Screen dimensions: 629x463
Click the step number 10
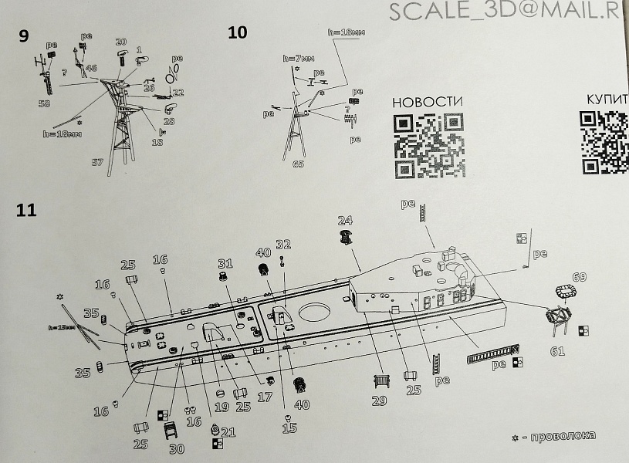tap(238, 32)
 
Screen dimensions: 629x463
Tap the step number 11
tap(25, 210)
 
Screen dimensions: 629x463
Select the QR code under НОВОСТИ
tap(427, 146)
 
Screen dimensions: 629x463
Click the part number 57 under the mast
tap(97, 162)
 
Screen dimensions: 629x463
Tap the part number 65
tap(299, 164)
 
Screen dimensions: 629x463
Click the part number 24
tap(345, 219)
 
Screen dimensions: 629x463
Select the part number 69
tap(579, 278)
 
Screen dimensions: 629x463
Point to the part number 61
tap(556, 352)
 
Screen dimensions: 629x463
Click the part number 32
tap(283, 245)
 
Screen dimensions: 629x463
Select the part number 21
tap(227, 431)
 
